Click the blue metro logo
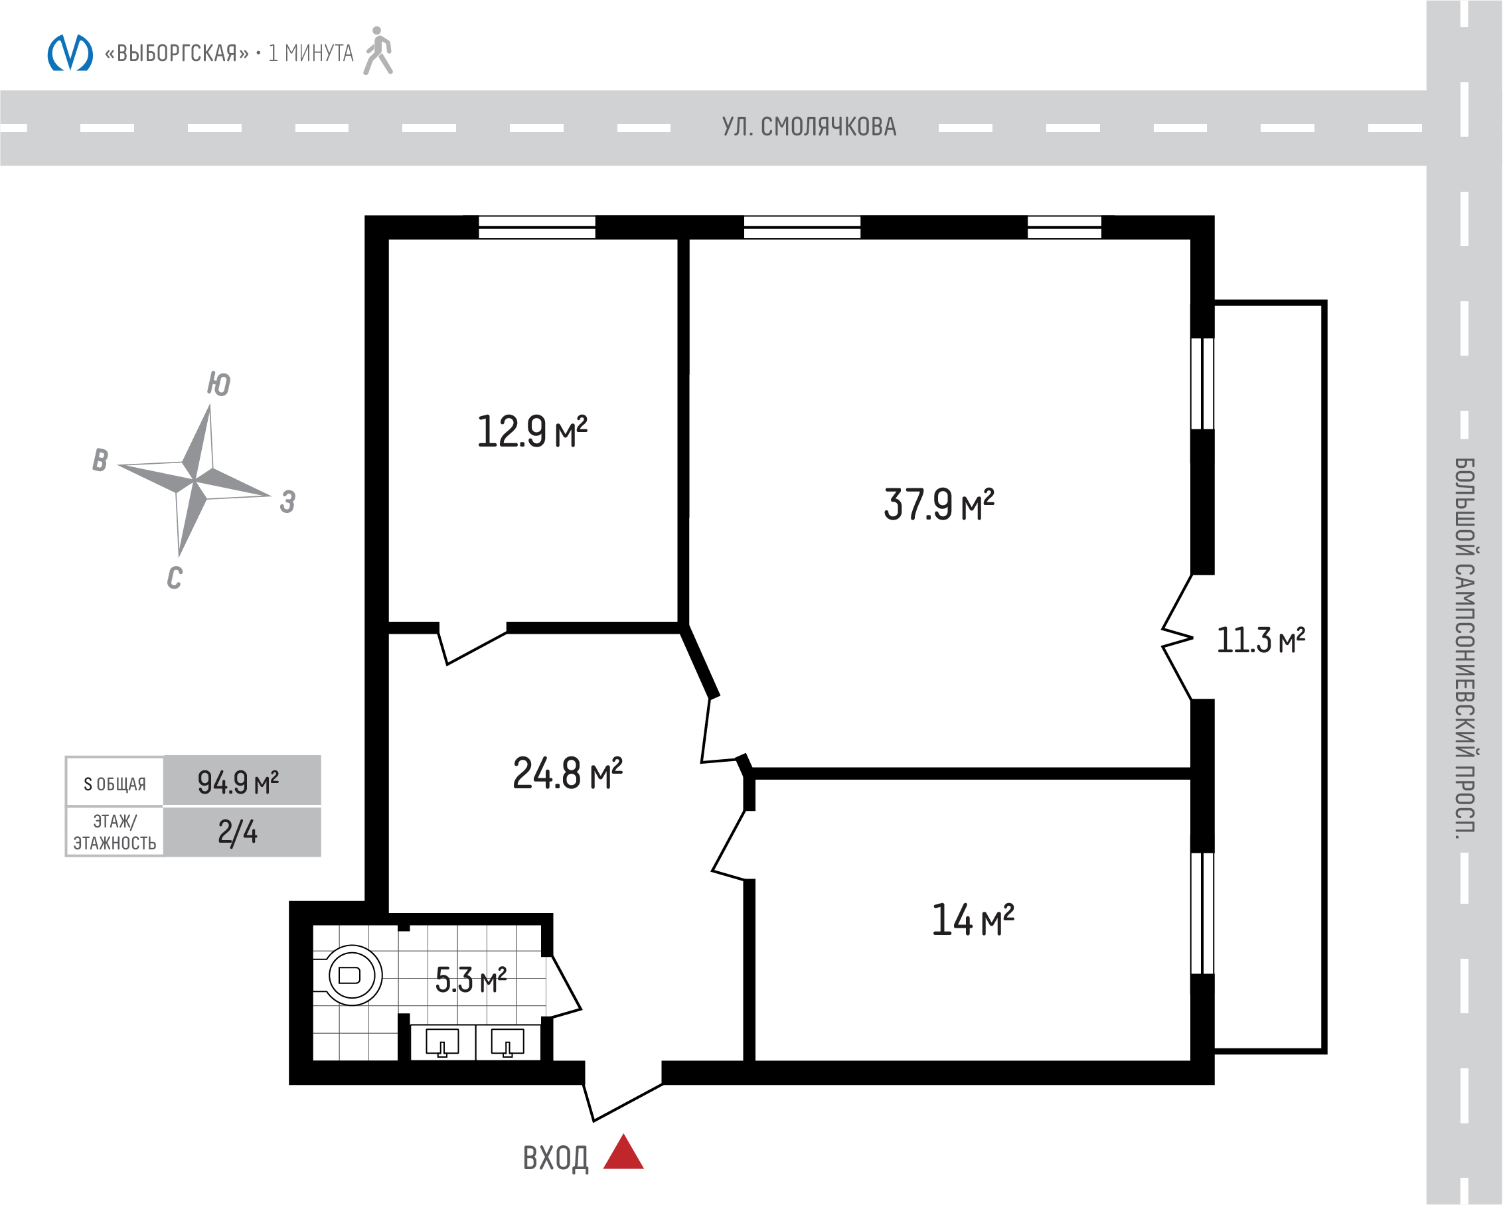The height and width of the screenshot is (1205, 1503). click(70, 53)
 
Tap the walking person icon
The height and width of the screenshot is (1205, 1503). click(378, 51)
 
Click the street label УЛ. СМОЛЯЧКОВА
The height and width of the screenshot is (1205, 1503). click(809, 127)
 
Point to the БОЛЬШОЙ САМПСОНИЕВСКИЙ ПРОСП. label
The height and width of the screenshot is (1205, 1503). click(1464, 648)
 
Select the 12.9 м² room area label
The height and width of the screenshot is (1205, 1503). click(532, 431)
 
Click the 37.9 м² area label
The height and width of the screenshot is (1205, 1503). click(938, 504)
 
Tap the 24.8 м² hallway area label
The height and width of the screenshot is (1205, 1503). click(568, 774)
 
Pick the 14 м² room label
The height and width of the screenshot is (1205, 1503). click(973, 920)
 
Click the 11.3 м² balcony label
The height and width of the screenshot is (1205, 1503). click(1261, 640)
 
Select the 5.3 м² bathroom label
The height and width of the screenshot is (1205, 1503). click(471, 980)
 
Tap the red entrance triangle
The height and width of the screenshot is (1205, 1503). click(623, 1151)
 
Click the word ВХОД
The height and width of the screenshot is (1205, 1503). click(556, 1159)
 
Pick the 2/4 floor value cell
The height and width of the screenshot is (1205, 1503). click(238, 832)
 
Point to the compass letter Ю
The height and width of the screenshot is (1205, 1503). click(219, 384)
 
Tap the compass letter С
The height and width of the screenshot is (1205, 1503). click(175, 577)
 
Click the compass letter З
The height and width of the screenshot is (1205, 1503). click(288, 501)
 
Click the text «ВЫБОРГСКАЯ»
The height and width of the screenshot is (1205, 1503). click(177, 53)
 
